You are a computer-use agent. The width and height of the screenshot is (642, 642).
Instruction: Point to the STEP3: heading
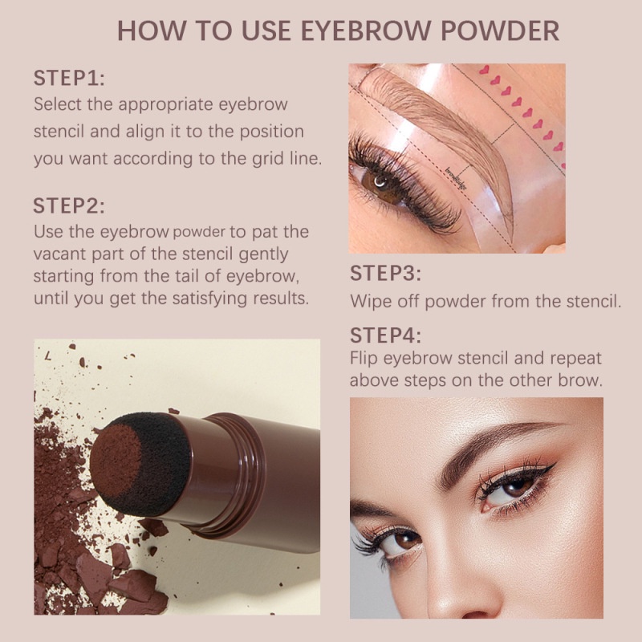pos(386,273)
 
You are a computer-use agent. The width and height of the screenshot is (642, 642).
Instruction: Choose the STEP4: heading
pos(386,335)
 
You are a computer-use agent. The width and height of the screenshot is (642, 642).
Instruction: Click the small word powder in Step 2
pos(200,233)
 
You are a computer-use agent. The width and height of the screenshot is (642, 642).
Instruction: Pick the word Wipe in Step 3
pos(368,302)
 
